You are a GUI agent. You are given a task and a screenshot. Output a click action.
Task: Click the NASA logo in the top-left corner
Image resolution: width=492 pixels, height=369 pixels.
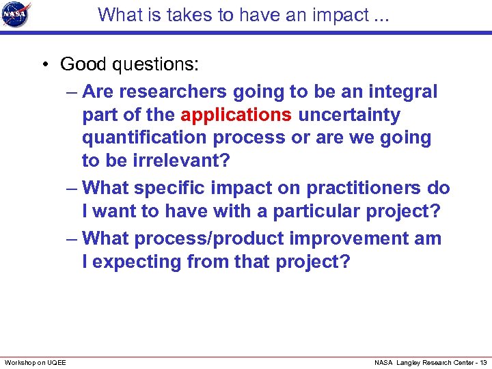16,15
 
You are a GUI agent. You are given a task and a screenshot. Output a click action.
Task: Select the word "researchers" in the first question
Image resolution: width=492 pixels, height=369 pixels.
171,91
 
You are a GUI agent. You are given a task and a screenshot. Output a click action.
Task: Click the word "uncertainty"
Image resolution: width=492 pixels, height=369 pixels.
349,114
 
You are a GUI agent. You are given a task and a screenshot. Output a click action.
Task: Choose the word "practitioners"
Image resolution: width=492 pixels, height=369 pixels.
359,187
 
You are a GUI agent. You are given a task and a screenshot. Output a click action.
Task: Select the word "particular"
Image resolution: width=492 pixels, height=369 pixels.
320,211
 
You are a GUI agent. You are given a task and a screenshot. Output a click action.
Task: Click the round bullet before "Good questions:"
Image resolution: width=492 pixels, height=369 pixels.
43,65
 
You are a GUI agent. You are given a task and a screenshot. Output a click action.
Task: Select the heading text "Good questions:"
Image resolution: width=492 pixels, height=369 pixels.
130,64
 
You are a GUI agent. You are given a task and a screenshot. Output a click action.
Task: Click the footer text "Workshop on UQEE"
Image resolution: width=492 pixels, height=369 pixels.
36,362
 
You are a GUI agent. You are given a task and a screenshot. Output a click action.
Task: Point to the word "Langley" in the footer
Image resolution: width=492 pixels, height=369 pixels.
409,362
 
